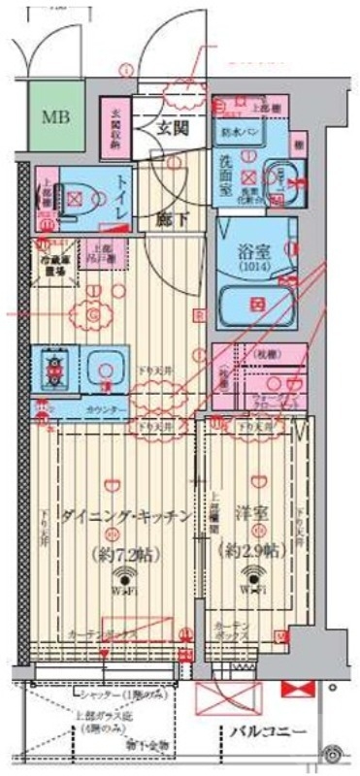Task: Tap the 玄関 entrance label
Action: click(x=175, y=129)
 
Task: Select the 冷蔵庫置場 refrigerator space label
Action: click(x=57, y=263)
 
